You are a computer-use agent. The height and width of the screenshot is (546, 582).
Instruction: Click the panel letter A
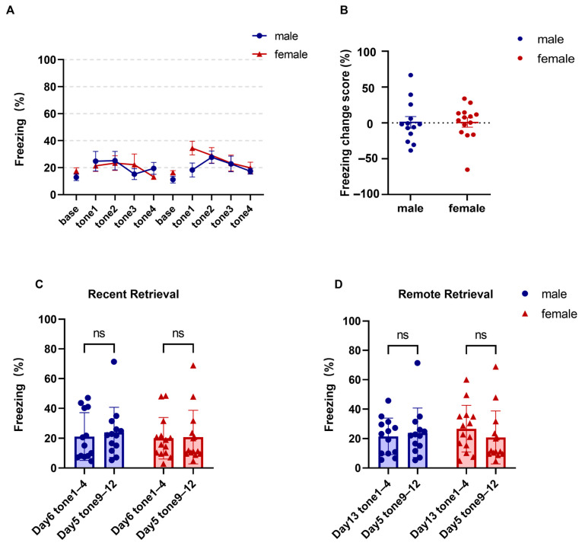coord(11,10)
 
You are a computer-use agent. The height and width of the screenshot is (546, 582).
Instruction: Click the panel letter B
coord(344,10)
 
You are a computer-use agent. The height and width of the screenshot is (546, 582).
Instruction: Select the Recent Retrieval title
coord(133,294)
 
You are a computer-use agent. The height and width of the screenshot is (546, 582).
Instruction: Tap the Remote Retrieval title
coord(445,294)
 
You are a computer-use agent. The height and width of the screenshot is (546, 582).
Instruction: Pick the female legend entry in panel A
coord(280,55)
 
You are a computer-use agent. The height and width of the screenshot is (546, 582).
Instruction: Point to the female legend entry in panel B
coord(546,59)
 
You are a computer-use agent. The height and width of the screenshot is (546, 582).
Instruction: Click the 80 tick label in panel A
coord(49,87)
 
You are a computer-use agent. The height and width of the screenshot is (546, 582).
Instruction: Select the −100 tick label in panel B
coord(367,194)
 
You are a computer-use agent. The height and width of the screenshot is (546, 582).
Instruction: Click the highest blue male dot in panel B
coord(411,75)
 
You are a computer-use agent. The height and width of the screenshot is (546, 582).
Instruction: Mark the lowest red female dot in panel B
coord(467,170)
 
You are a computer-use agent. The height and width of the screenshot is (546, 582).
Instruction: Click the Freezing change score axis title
coord(345,123)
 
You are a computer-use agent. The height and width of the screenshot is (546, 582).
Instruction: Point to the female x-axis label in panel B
coord(466,208)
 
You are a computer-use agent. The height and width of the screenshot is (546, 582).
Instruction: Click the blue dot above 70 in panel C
coord(114,362)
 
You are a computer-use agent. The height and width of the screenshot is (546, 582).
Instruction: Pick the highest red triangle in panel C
coord(193,366)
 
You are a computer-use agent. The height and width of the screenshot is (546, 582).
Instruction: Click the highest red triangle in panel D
coord(495,367)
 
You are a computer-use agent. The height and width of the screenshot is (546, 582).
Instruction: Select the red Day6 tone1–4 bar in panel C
coord(163,453)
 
